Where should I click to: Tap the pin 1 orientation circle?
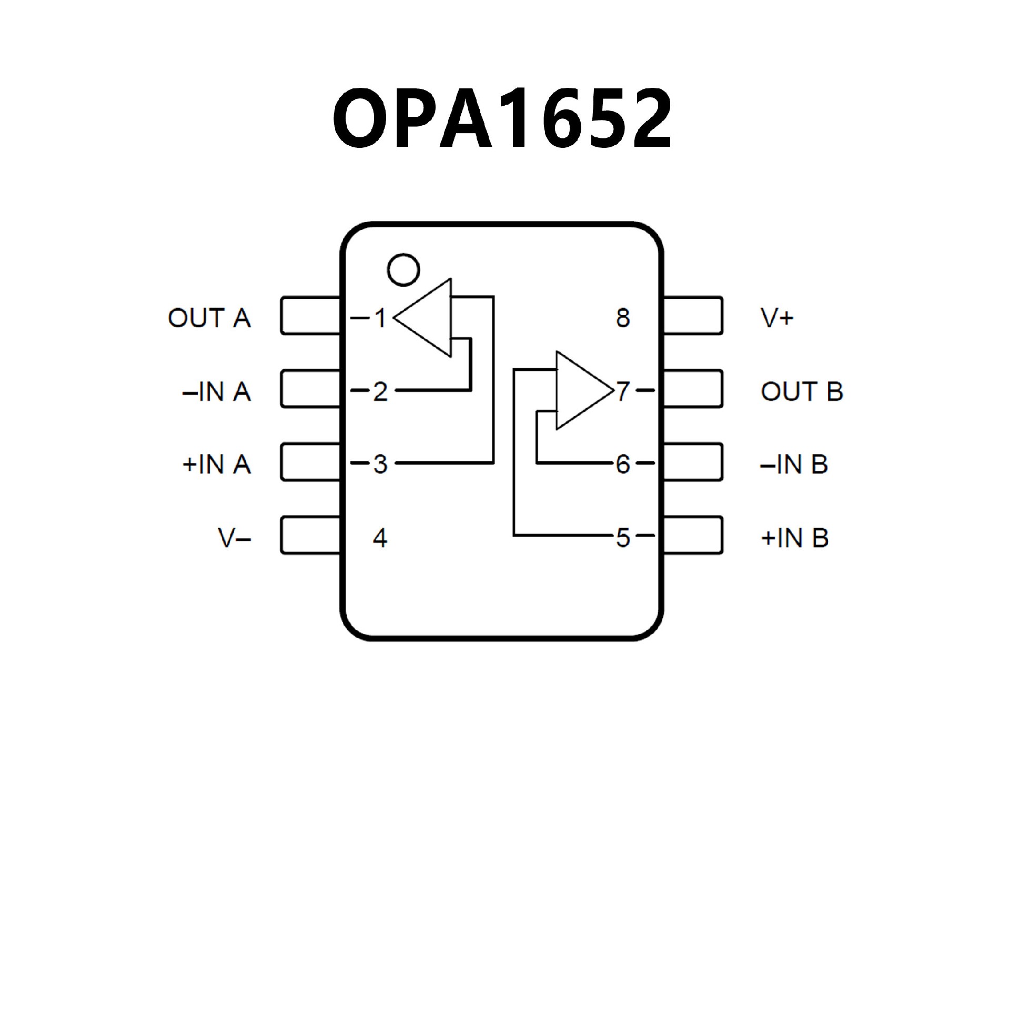coord(403,270)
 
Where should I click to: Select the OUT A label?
coord(209,318)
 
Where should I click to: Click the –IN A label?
coord(216,391)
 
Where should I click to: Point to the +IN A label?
coord(216,464)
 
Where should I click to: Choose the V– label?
coord(234,538)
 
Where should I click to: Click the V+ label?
coord(777,318)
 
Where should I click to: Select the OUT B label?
coord(802,391)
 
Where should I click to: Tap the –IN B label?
coord(794,464)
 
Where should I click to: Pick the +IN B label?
coord(794,538)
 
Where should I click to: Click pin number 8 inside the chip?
coord(623,318)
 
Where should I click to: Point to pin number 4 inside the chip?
coord(380,538)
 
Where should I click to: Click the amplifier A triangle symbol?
coord(429,318)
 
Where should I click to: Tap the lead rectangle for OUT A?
coord(310,316)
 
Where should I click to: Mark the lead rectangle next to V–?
coord(310,536)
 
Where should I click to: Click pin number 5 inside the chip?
coord(623,538)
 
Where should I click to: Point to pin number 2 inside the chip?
coord(380,391)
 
